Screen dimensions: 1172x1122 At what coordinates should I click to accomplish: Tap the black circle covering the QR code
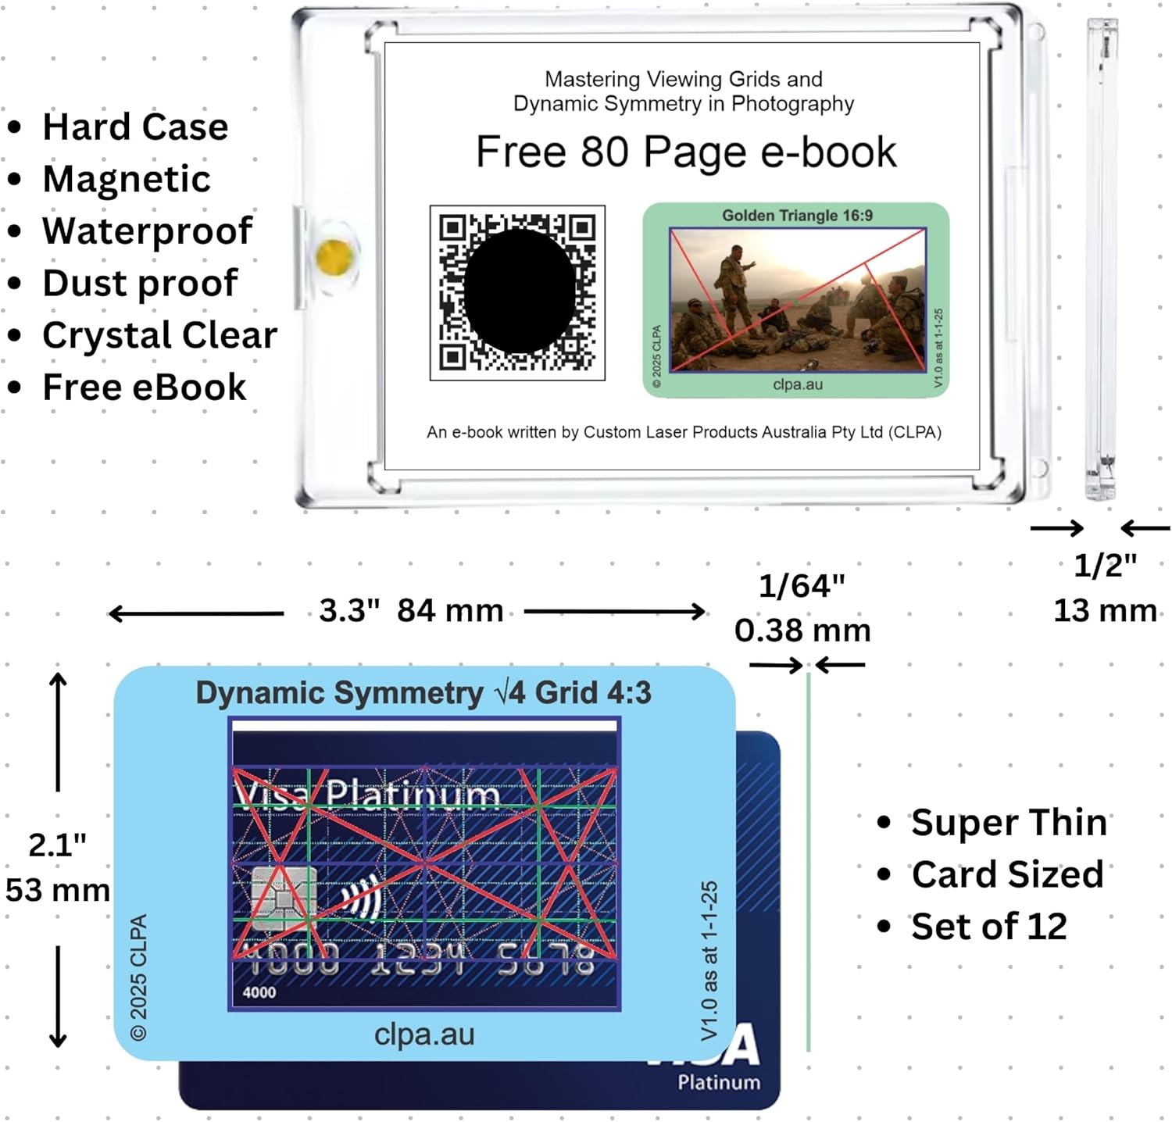[x=520, y=290]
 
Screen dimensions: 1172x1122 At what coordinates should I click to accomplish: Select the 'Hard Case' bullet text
[x=135, y=127]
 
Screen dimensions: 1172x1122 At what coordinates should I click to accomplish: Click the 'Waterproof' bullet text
[x=147, y=230]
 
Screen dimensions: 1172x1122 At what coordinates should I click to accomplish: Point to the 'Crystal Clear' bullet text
[x=159, y=335]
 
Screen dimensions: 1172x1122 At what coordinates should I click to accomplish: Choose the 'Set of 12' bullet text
[x=988, y=927]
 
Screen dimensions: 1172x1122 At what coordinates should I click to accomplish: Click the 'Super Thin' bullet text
[x=1009, y=823]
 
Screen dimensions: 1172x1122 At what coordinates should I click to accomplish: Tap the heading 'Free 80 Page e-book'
[x=686, y=152]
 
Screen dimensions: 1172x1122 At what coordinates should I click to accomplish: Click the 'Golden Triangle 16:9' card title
[x=797, y=216]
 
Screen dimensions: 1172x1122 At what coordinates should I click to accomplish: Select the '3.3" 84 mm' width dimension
[x=411, y=611]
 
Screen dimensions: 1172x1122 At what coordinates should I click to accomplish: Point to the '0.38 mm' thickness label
[x=802, y=631]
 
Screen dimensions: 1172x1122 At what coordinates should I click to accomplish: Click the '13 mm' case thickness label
[x=1105, y=610]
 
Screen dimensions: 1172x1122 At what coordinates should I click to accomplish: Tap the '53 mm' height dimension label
[x=57, y=890]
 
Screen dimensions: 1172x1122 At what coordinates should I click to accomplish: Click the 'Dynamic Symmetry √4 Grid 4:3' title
[x=423, y=693]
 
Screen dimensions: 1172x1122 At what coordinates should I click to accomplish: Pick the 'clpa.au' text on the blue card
[x=424, y=1034]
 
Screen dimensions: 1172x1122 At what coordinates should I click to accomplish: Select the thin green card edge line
[x=808, y=859]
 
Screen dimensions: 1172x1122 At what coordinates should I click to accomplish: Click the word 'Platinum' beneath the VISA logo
[x=719, y=1082]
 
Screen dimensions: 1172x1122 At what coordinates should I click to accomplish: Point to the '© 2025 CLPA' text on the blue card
[x=139, y=977]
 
